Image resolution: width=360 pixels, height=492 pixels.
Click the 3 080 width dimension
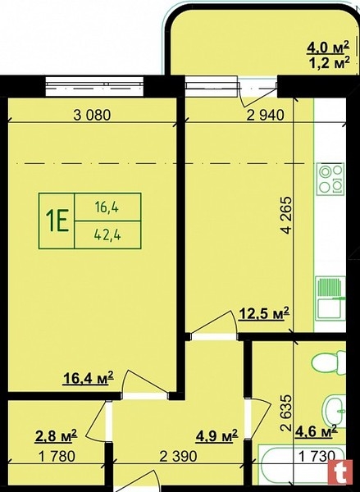[92, 115]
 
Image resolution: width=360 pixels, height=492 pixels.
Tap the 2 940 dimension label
[266, 115]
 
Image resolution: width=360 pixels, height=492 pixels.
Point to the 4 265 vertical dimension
[286, 215]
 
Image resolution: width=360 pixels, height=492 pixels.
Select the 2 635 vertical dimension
[286, 413]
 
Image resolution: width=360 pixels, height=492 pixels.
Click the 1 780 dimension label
[57, 456]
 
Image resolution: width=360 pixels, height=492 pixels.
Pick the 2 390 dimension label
[178, 456]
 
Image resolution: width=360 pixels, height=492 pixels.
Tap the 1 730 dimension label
[317, 456]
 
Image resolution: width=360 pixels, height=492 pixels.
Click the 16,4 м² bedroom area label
[89, 378]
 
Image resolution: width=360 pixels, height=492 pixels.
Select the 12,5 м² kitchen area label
[264, 313]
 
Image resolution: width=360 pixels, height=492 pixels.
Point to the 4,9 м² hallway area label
[216, 436]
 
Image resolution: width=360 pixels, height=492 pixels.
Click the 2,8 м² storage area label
[56, 436]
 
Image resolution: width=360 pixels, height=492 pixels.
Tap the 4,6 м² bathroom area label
[316, 431]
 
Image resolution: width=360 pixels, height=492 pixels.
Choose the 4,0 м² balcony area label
[328, 48]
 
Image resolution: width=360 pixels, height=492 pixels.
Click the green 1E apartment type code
[57, 221]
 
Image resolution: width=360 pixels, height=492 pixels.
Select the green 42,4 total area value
[107, 235]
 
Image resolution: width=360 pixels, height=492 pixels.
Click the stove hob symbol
[330, 179]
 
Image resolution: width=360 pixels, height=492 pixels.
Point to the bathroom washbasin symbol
[335, 410]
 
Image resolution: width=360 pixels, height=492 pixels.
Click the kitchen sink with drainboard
[330, 298]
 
